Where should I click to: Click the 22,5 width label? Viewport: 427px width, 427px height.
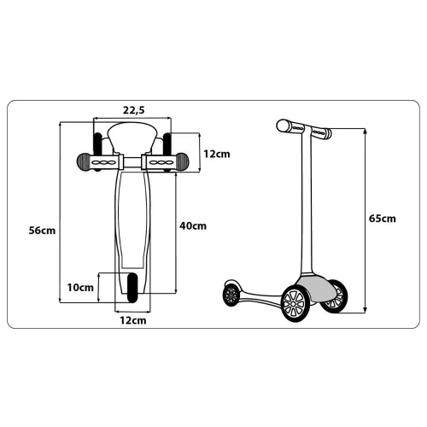134,110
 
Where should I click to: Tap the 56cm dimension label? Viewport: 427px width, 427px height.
42,231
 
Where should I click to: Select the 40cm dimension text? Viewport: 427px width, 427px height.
193,226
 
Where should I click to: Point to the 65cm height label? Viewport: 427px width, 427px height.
383,219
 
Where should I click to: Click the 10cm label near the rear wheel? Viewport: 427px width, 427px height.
80,288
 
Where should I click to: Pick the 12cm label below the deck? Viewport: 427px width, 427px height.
133,320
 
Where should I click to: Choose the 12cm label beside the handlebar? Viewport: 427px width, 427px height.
217,154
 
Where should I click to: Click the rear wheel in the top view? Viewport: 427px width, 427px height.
132,288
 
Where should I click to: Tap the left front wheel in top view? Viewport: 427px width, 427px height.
97,152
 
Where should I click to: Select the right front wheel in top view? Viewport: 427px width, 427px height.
167,152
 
